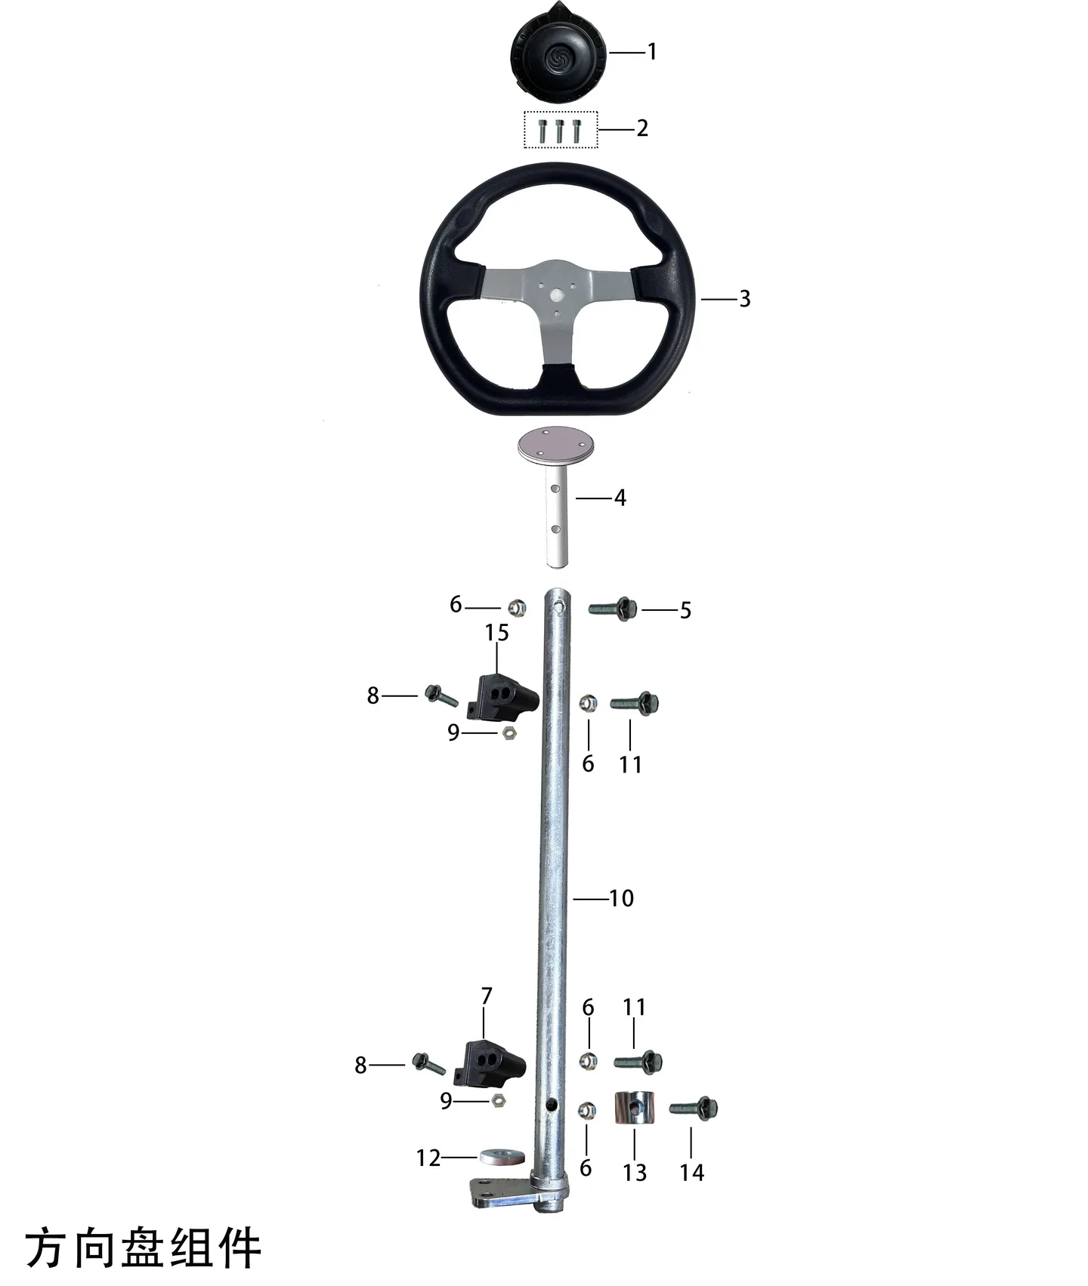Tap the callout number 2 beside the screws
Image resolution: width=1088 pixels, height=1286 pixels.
click(x=642, y=128)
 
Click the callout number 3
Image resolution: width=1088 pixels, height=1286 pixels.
click(x=745, y=299)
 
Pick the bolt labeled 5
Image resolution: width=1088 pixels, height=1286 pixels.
click(x=613, y=609)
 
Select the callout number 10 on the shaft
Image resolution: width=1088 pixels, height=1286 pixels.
click(x=622, y=898)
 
